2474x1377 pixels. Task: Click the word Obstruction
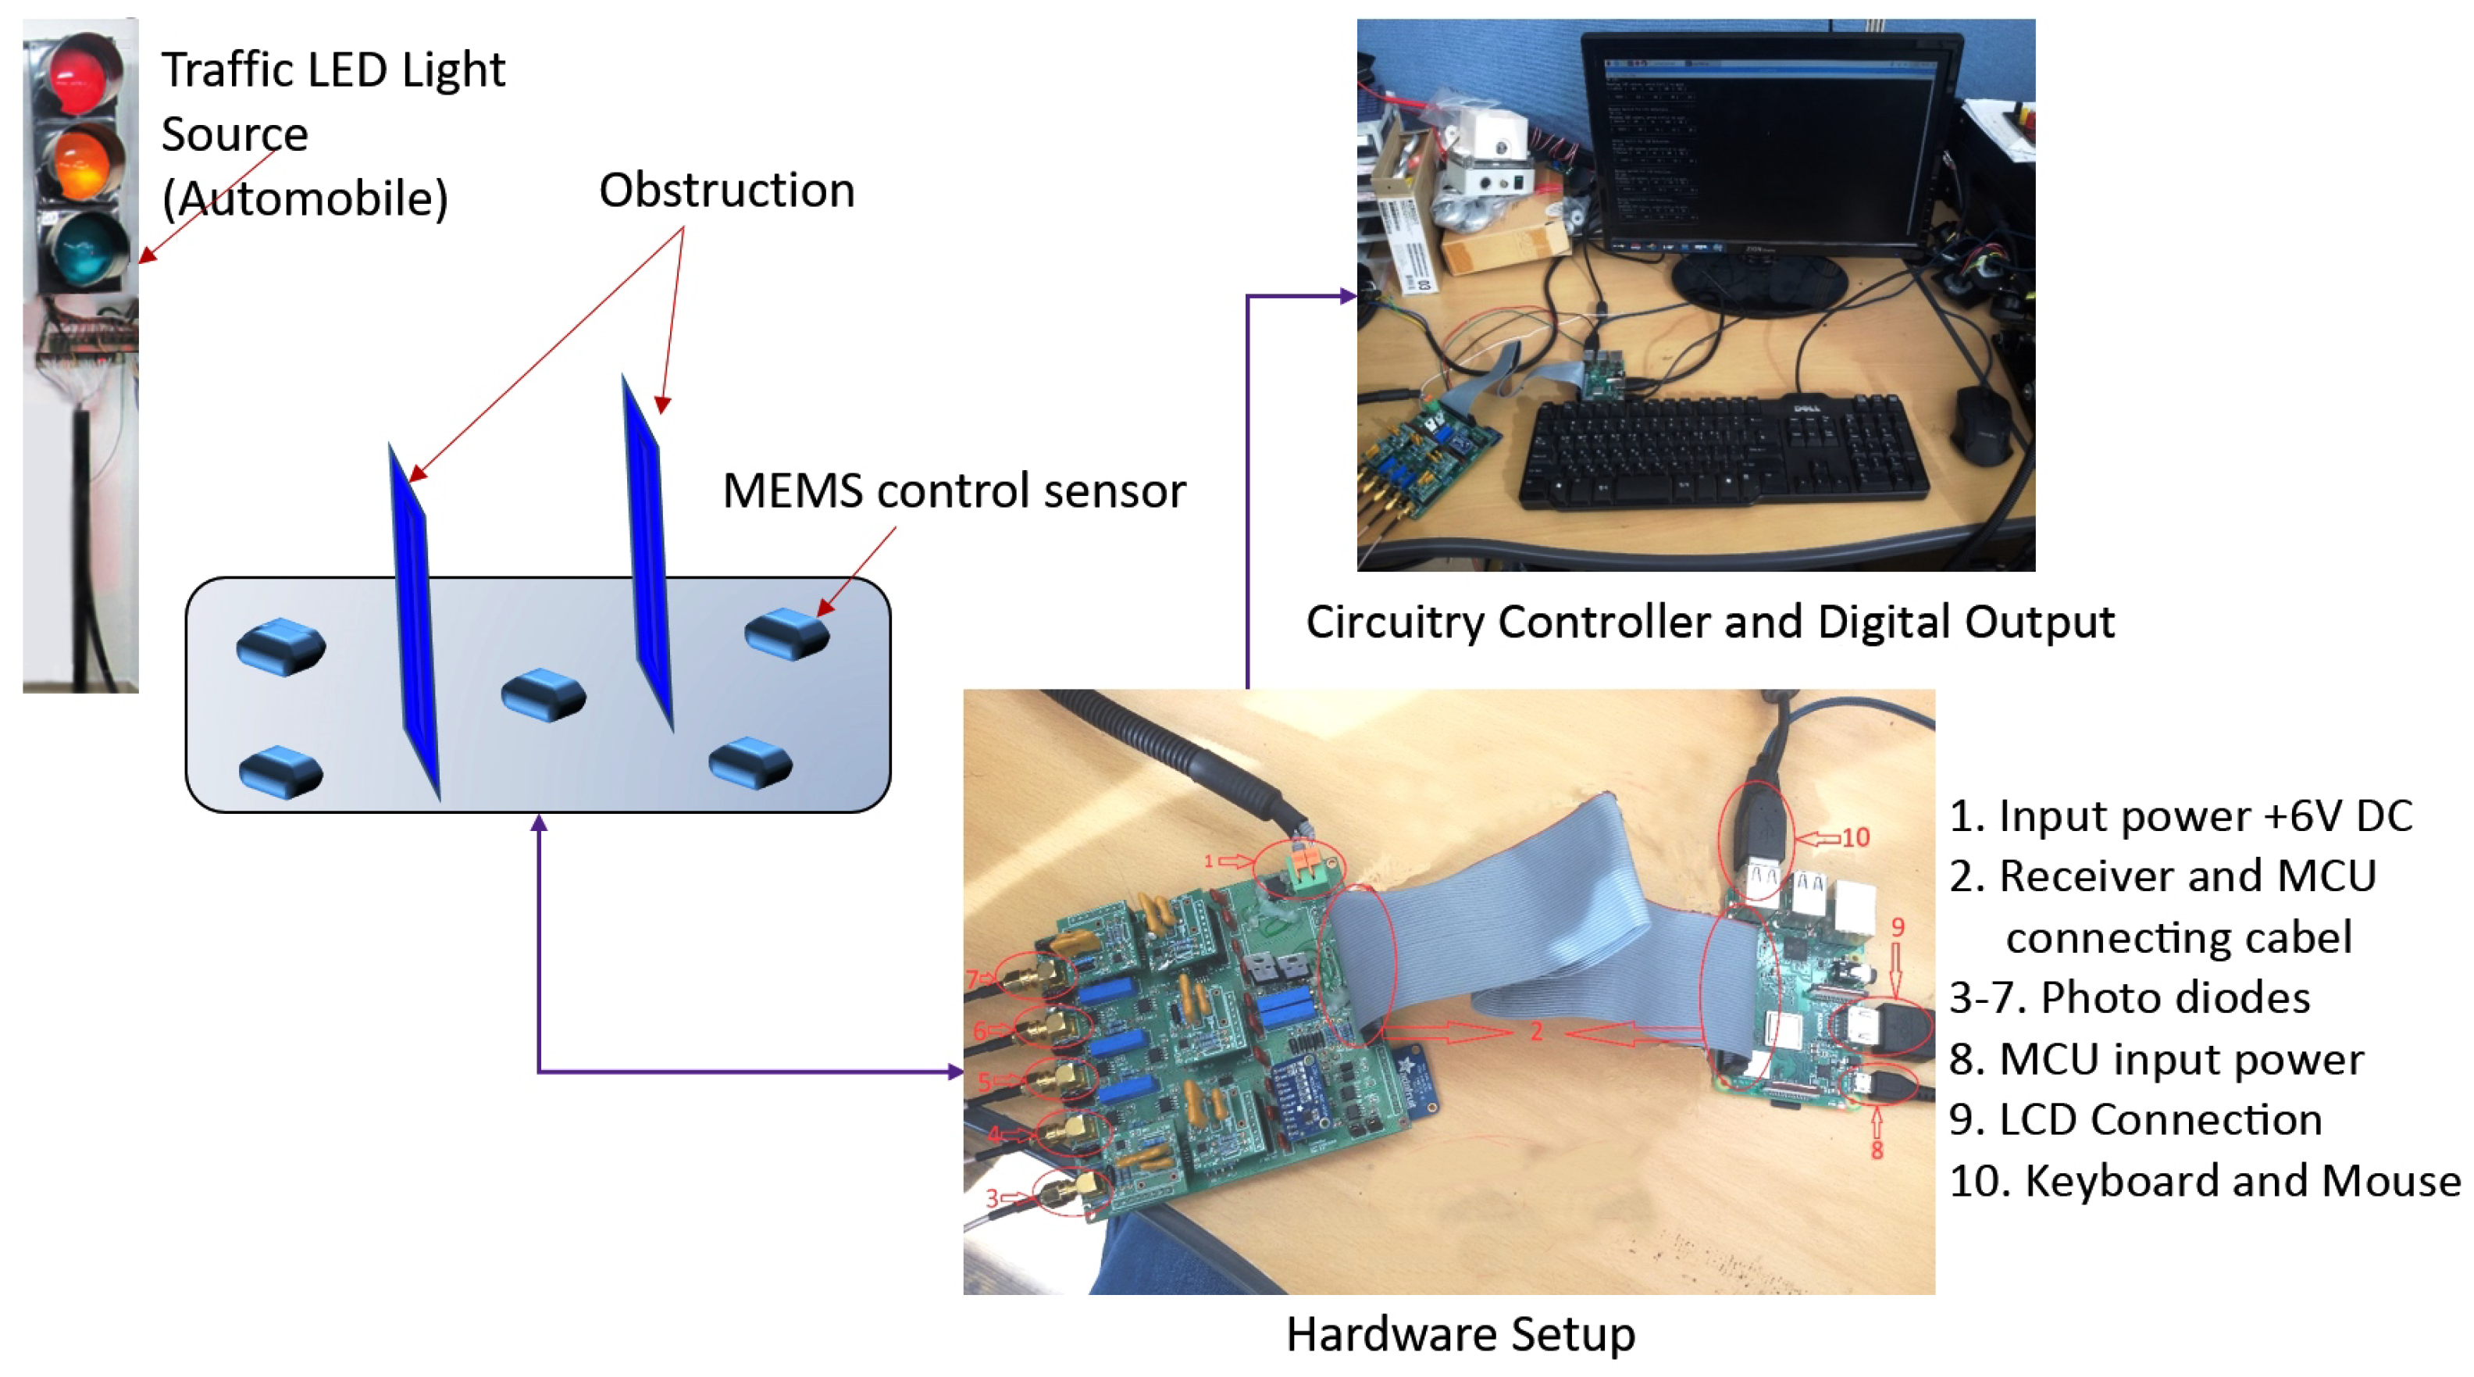pos(726,190)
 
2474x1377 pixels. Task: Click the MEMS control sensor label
pos(954,491)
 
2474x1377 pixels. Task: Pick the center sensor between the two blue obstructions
pos(544,694)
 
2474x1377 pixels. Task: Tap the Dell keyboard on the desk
pos(1719,451)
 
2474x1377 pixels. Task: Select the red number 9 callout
pos(1898,926)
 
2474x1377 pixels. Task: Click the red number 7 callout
pos(973,979)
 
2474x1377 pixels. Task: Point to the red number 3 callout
pos(992,1197)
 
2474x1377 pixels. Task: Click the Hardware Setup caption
pos(1460,1334)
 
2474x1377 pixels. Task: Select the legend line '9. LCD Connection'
pos(2135,1120)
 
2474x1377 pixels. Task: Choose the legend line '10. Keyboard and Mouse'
pos(2204,1180)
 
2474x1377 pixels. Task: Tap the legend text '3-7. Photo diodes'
pos(2129,997)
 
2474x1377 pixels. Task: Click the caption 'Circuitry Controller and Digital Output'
pos(1709,623)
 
